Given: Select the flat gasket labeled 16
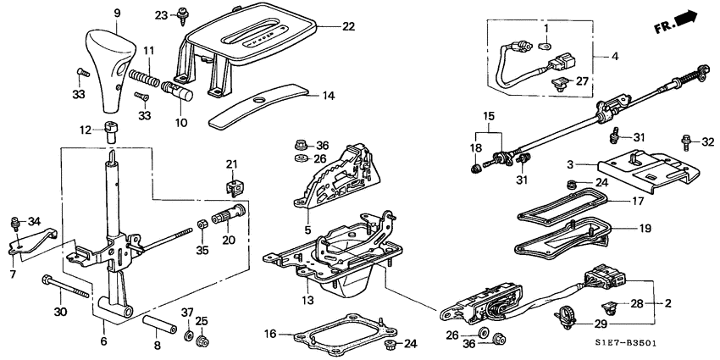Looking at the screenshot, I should coord(343,332).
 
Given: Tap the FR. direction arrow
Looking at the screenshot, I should coord(685,19).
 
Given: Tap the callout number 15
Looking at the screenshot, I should coord(488,116).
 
